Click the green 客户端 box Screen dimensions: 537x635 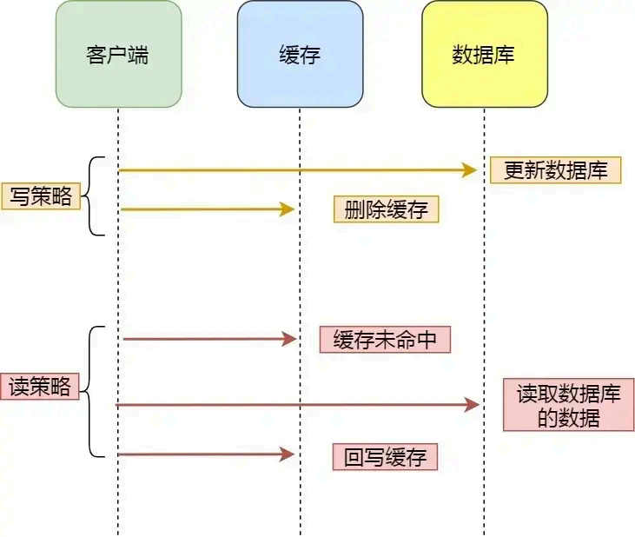[x=118, y=54]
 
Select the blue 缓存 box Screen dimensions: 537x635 [x=300, y=54]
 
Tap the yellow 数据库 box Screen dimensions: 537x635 [x=484, y=54]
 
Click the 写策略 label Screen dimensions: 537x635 [x=41, y=196]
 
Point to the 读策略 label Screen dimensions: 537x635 [x=41, y=386]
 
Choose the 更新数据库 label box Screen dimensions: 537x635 [x=556, y=170]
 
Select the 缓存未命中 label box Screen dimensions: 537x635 [x=385, y=340]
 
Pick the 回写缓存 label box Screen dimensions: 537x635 [x=385, y=457]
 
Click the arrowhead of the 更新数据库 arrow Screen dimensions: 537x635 [x=471, y=170]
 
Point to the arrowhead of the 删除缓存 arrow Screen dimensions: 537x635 [x=288, y=209]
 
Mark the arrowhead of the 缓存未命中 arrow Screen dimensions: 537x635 [x=290, y=340]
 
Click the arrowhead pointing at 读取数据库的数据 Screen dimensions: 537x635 [x=473, y=405]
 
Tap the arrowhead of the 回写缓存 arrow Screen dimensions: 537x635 [x=288, y=454]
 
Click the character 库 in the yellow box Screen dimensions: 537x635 [x=505, y=55]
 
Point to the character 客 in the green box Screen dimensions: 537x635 [x=97, y=55]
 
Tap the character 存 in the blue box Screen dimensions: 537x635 [x=310, y=55]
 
